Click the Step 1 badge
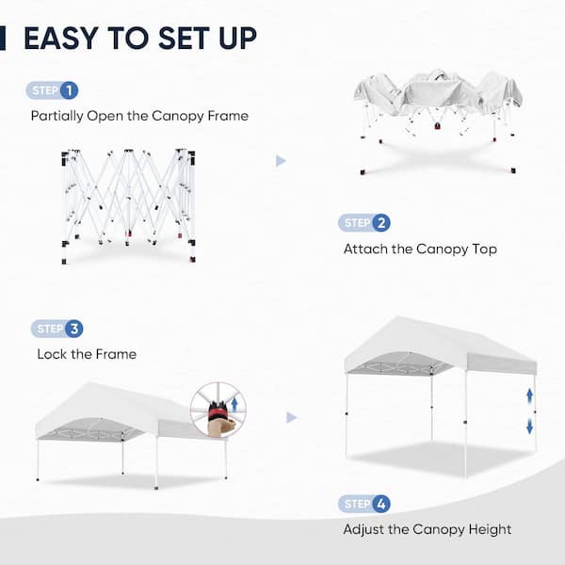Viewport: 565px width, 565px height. (52, 91)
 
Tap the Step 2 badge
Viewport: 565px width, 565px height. (363, 223)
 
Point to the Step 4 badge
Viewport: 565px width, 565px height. (363, 504)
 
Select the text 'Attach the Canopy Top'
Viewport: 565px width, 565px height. (420, 250)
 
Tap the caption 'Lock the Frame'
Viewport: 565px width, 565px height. (87, 354)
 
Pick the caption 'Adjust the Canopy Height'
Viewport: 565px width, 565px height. (428, 529)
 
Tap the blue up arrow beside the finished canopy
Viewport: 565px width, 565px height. (530, 395)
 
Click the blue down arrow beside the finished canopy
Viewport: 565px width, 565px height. (530, 426)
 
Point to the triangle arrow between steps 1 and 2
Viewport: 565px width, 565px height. (281, 161)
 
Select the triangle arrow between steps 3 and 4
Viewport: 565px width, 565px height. (292, 417)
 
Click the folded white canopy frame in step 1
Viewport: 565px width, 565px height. (129, 197)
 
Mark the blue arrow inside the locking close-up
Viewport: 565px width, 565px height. (233, 405)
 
